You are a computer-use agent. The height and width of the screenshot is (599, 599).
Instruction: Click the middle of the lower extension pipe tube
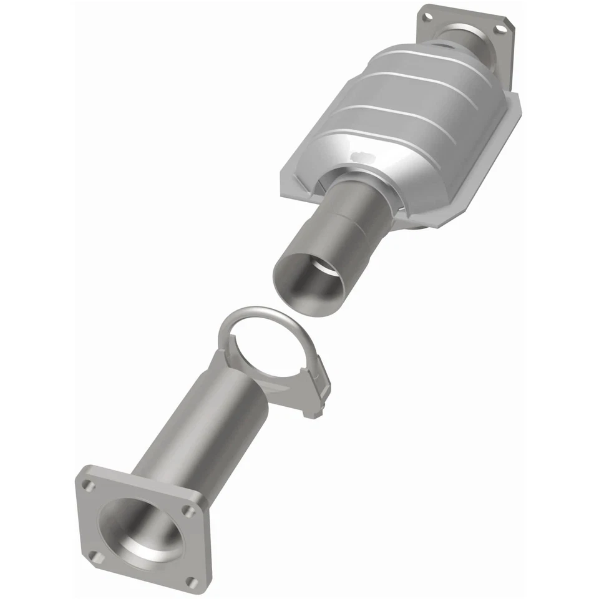(x=200, y=424)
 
